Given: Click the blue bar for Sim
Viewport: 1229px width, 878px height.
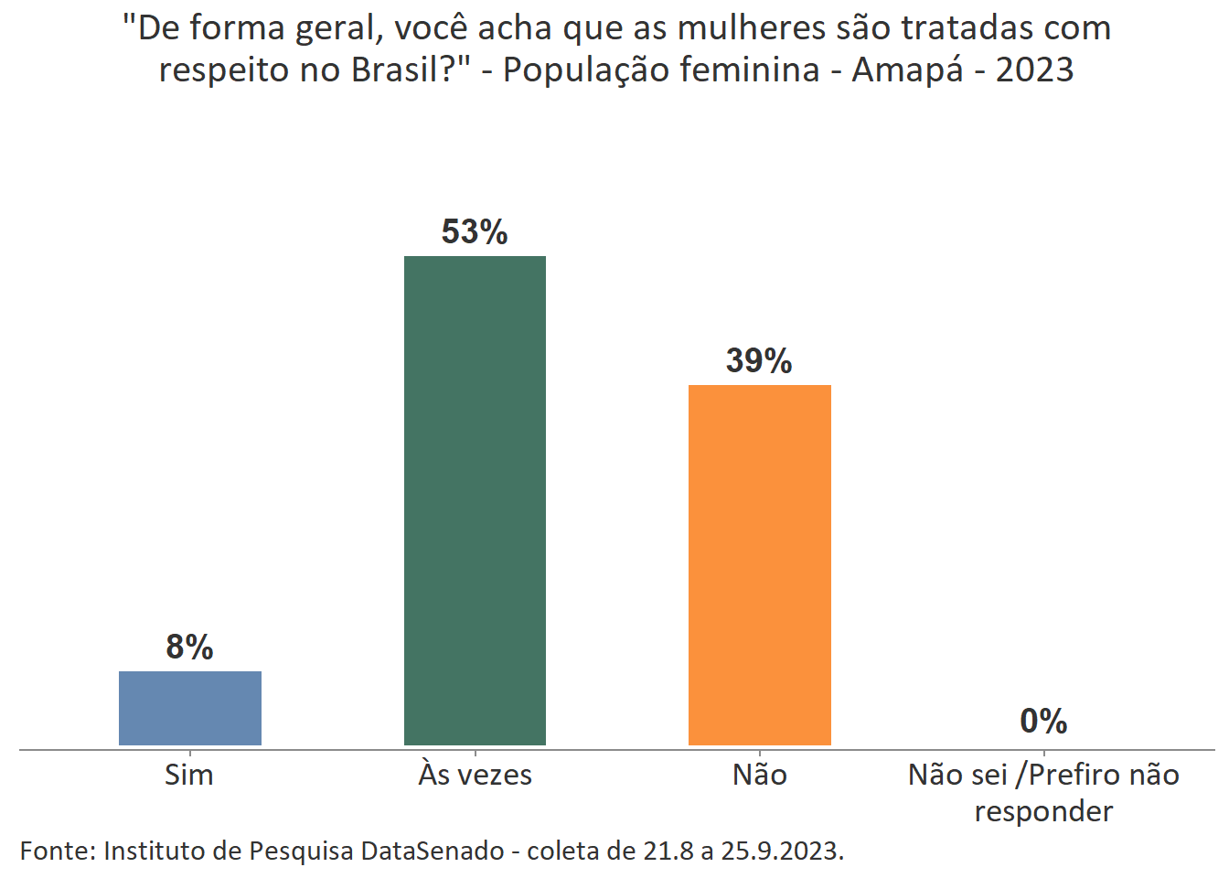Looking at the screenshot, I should point(190,708).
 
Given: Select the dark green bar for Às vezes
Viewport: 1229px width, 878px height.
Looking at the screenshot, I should point(475,500).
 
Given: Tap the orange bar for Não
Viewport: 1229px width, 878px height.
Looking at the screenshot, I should point(759,564).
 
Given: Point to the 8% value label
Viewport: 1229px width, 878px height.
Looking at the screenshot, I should point(189,648).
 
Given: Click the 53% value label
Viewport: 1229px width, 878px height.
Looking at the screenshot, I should point(475,232).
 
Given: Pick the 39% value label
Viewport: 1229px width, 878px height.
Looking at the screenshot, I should point(759,361).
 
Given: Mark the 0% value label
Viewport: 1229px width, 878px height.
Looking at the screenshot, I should point(1043,722).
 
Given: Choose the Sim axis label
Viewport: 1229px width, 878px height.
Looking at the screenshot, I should point(189,775).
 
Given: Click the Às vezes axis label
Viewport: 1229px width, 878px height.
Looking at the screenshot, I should point(475,775).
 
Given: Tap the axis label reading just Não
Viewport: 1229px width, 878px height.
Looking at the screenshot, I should point(759,775).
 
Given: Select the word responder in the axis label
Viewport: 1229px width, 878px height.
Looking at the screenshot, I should point(1043,811).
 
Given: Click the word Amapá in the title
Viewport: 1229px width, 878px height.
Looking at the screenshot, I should point(908,70).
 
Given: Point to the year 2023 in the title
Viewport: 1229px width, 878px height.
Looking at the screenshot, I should point(1034,70).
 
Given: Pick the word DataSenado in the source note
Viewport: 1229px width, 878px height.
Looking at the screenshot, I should point(432,851).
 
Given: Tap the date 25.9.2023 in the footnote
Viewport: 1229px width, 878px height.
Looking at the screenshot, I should point(782,851).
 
